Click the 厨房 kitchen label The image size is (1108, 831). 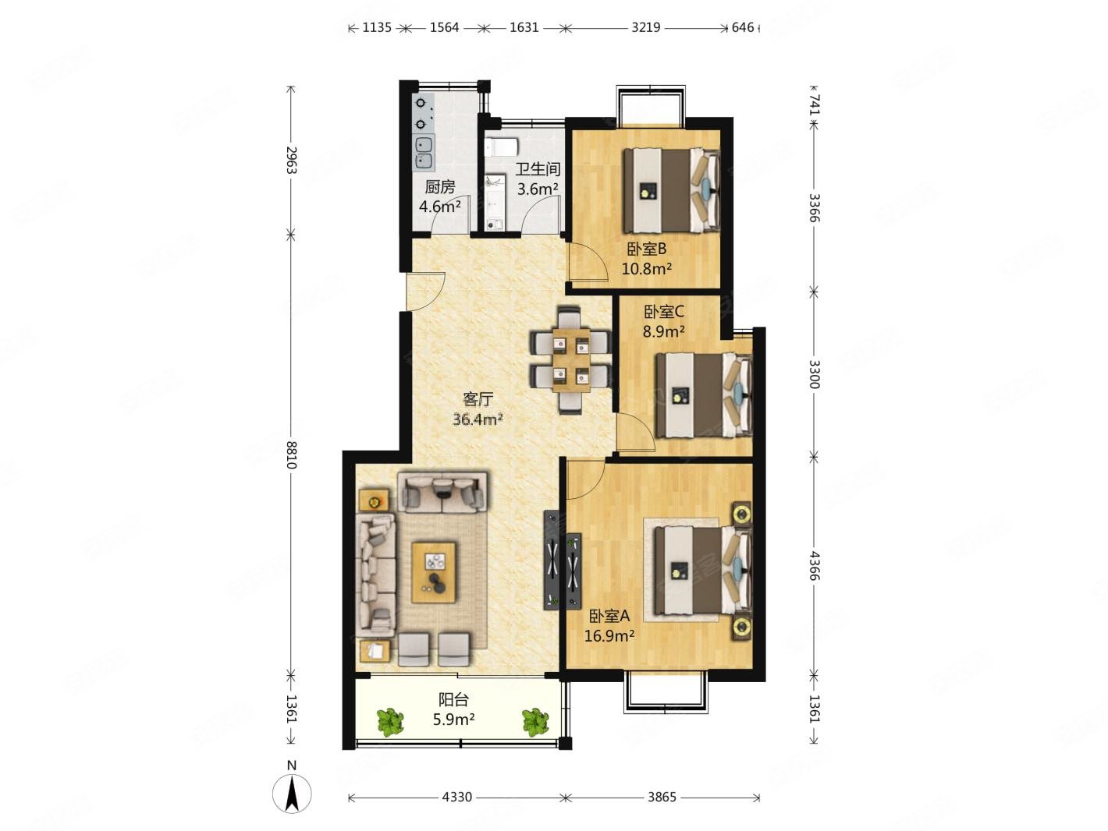[439, 187]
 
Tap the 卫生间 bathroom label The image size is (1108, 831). [537, 169]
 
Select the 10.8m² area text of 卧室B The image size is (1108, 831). [645, 269]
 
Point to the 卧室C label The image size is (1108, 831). [663, 312]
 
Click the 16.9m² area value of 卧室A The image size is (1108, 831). [609, 636]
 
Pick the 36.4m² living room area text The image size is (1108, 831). [478, 419]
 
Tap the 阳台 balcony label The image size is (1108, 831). [453, 700]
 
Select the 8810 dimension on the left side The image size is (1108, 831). [291, 454]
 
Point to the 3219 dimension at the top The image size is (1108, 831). [645, 27]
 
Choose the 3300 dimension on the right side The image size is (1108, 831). [813, 373]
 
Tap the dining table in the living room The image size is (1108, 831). [571, 360]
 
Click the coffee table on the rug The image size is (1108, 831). [434, 572]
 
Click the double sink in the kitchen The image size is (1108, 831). [424, 153]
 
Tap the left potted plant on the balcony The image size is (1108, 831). [390, 723]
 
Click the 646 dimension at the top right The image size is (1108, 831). [743, 27]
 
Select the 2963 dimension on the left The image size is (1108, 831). [291, 160]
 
